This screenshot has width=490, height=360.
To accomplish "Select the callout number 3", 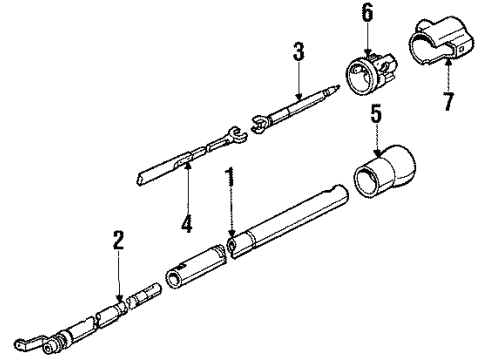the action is [x=296, y=53].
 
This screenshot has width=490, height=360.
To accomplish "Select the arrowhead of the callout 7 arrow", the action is [x=447, y=57].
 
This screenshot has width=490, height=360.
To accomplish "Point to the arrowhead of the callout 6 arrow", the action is [x=367, y=53].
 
